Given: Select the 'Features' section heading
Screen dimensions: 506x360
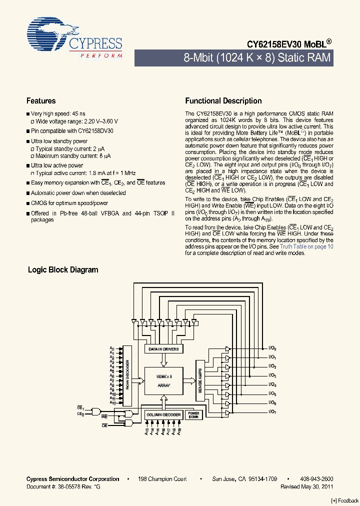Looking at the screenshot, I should point(41,100).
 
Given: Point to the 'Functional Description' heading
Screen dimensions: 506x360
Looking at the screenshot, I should point(223,100).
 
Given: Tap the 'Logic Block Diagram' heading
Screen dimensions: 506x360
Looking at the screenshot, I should point(63,269).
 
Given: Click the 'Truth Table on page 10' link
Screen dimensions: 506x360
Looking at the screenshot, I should point(306,246).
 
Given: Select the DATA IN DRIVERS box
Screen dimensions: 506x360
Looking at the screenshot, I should point(163,348).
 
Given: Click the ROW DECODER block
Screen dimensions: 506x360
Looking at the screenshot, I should point(128,375).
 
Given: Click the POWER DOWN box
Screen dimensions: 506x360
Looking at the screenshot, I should point(194,415).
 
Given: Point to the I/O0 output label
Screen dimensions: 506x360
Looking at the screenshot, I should point(272,348).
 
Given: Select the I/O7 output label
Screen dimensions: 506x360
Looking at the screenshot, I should point(272,411).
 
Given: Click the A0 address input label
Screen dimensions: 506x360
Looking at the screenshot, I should point(112,347).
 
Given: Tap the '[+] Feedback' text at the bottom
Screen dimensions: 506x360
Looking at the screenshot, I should point(345,500).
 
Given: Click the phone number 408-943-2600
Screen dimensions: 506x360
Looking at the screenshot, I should point(317,479).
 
